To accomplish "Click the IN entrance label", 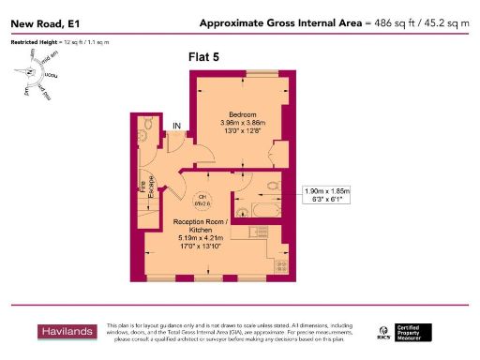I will point(174,126).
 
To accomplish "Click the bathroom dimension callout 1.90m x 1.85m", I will point(326,196).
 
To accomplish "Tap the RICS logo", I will point(384,332).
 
